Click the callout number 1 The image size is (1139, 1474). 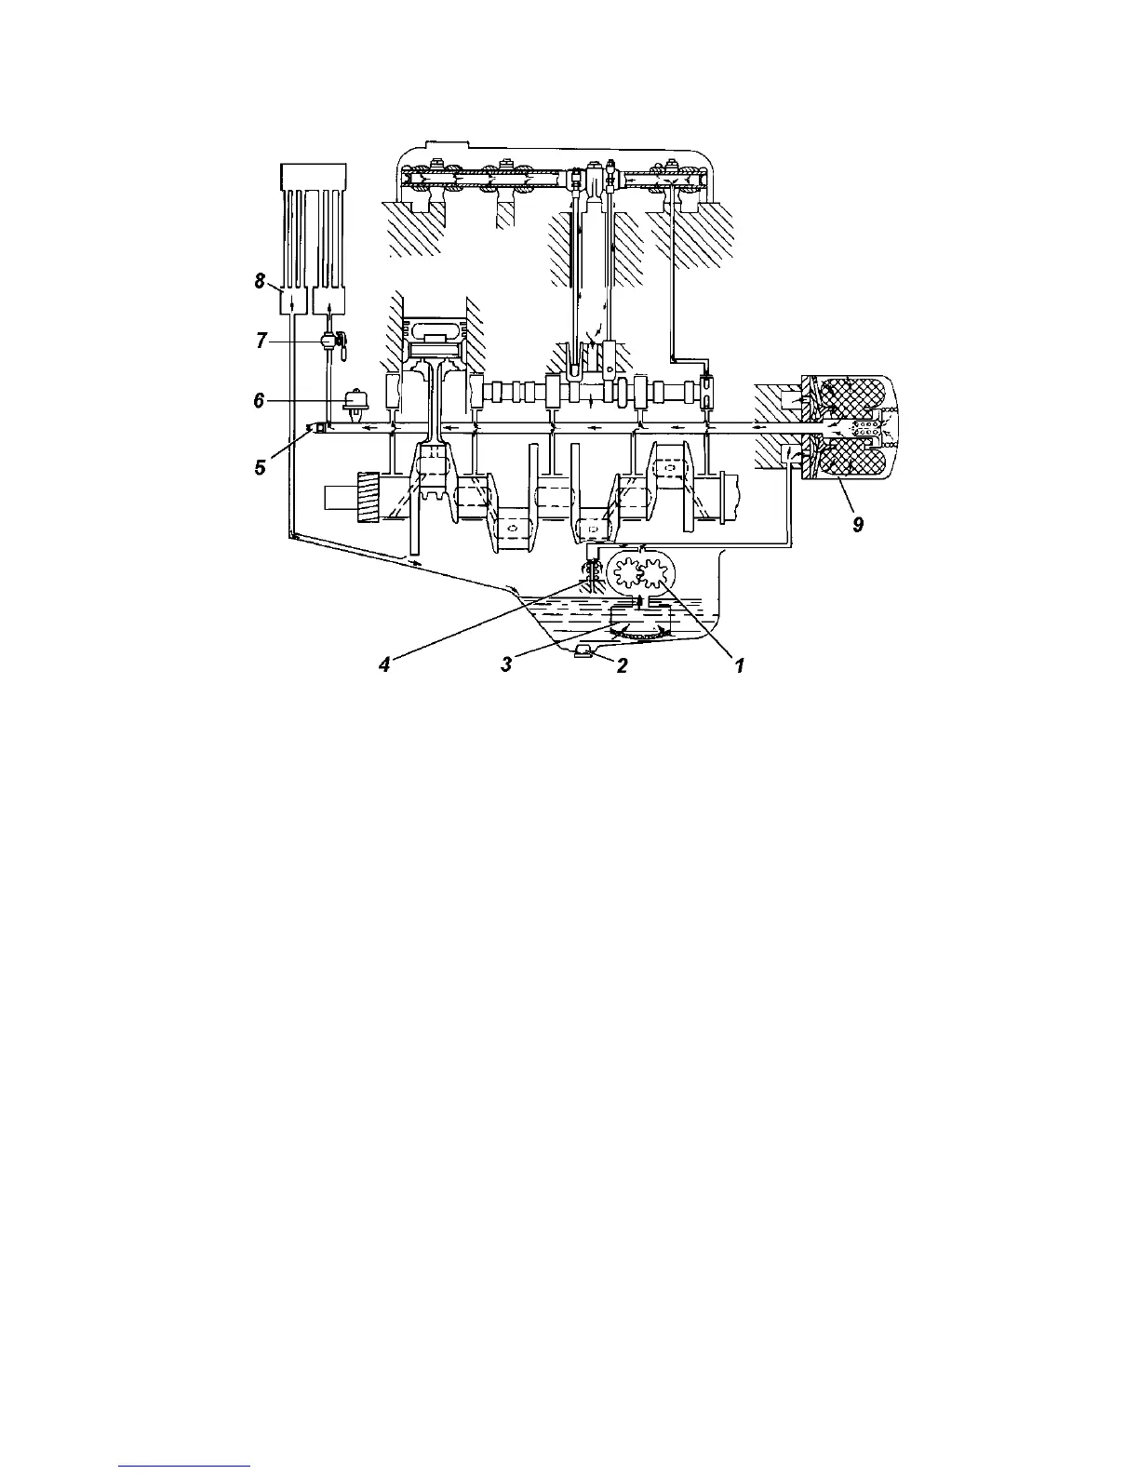[x=739, y=666]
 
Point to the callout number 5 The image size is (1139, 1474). [x=261, y=467]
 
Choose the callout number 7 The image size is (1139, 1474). [x=261, y=341]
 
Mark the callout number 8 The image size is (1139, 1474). [x=261, y=280]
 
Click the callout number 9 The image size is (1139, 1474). [x=858, y=526]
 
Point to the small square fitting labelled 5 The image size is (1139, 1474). [x=318, y=428]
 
